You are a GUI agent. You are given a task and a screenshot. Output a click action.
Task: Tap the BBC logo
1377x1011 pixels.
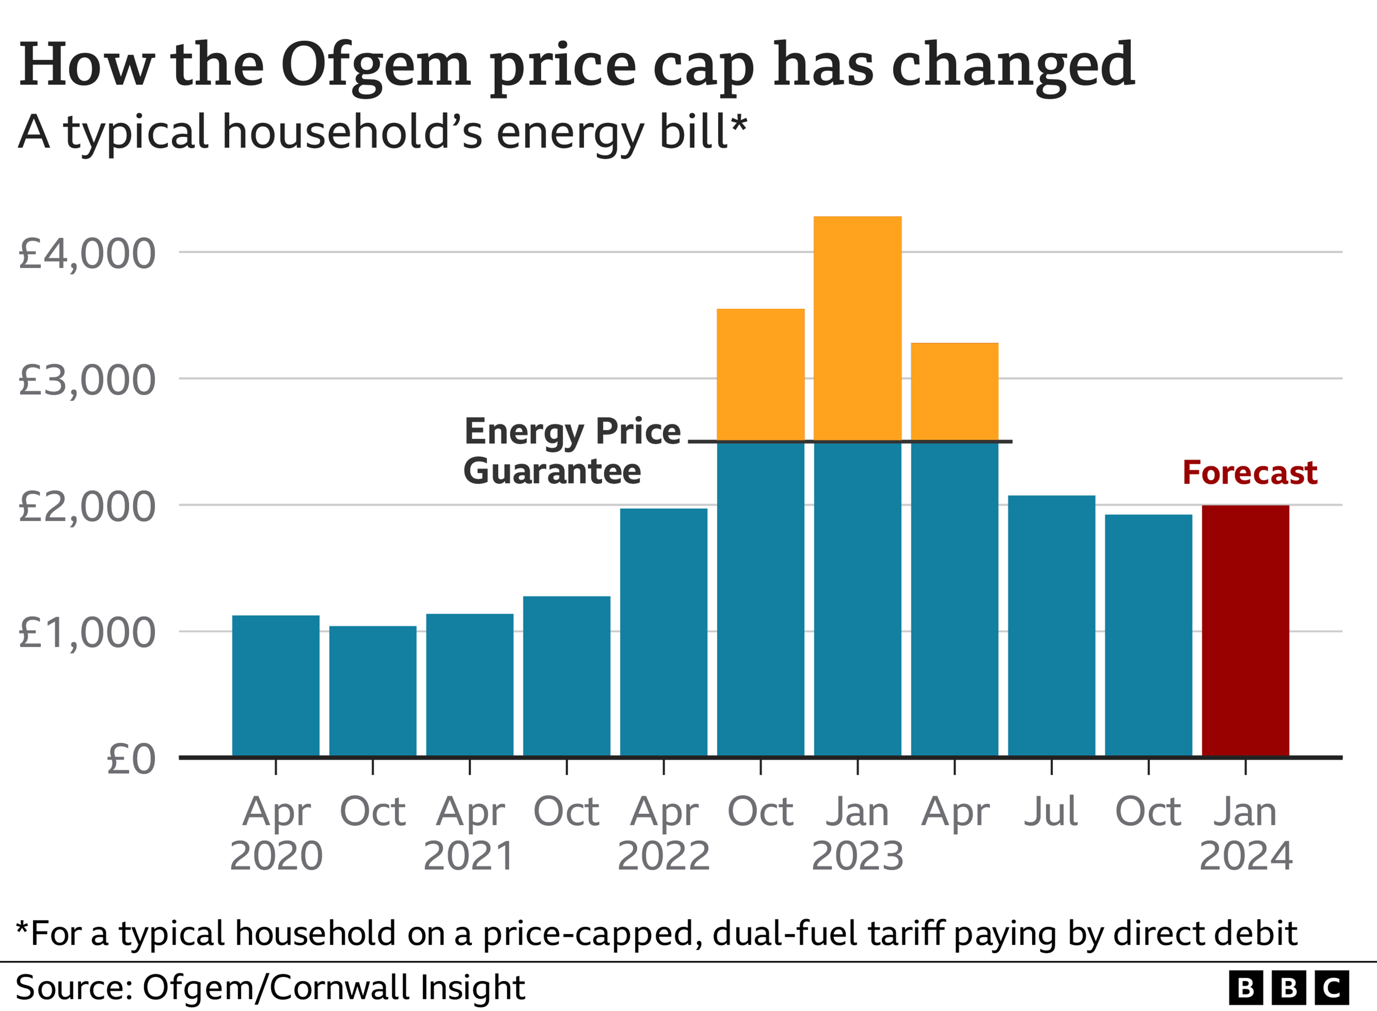pyautogui.click(x=1288, y=988)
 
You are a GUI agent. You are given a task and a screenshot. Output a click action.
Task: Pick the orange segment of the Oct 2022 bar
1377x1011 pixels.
pyautogui.click(x=761, y=375)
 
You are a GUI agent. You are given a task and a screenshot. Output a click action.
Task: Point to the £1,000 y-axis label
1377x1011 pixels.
pyautogui.click(x=87, y=633)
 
